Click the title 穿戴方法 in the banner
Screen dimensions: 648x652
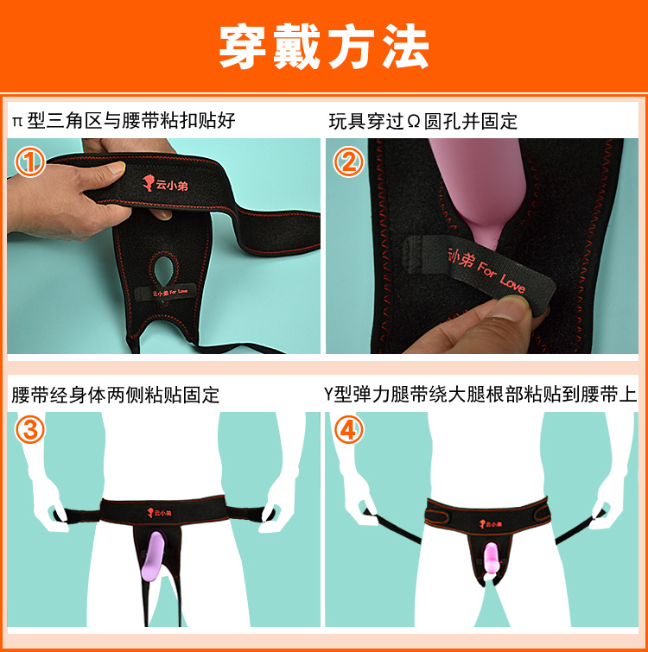[324, 46]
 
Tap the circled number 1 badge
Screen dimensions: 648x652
[30, 161]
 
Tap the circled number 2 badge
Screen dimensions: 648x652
[348, 161]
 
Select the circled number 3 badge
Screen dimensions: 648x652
[30, 429]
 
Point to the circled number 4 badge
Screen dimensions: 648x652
[348, 429]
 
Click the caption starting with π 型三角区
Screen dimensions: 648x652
[124, 121]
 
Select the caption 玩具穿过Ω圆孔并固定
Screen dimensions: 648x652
[423, 122]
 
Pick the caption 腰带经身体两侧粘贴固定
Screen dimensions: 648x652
[115, 395]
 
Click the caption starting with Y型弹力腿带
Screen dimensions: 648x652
[480, 394]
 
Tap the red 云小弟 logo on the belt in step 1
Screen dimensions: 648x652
[165, 183]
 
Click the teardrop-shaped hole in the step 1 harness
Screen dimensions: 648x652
[163, 271]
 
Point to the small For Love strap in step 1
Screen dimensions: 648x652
[163, 293]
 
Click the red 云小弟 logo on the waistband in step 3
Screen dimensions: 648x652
[159, 513]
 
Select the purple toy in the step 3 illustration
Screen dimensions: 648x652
[151, 556]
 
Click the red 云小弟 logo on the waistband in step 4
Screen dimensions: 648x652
[491, 524]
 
